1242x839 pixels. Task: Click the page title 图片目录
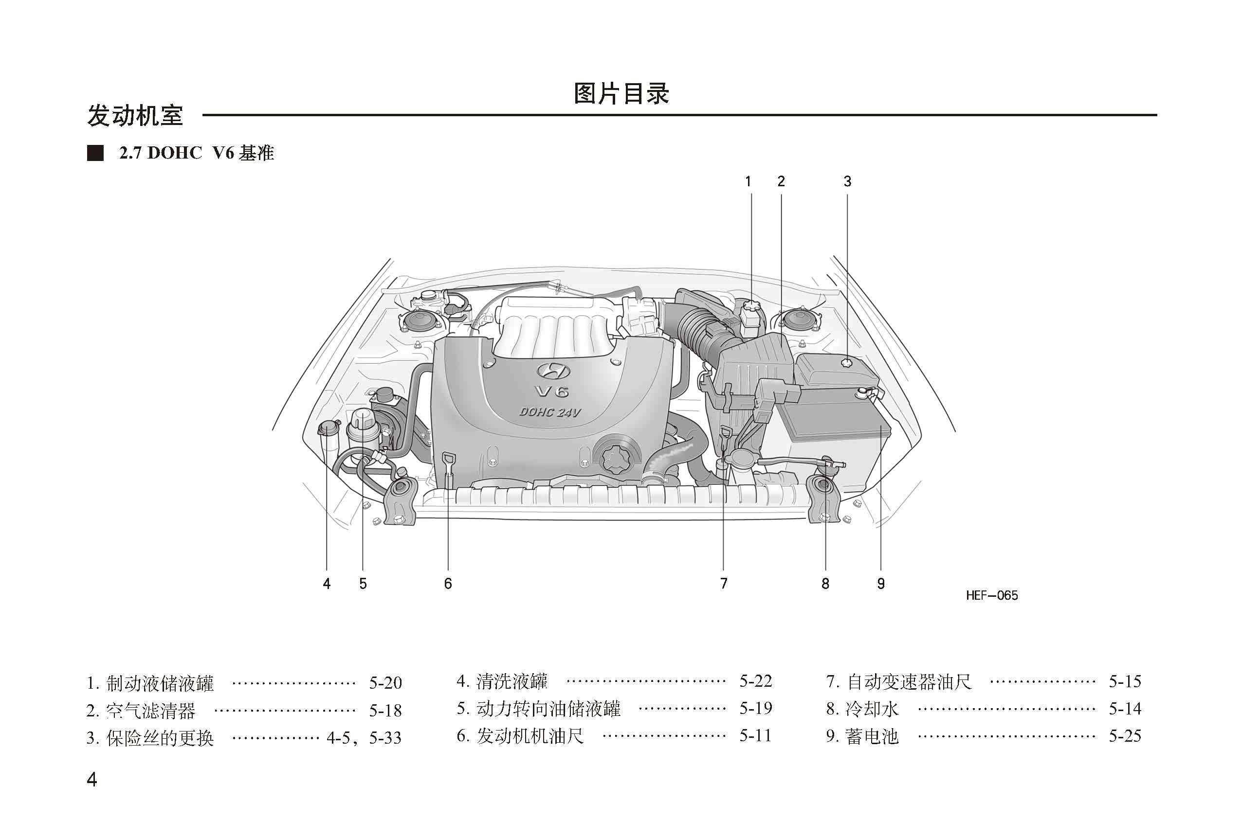621,93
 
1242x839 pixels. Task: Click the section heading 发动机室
135,115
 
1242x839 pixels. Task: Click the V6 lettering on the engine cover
552,392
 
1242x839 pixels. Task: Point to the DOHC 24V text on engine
549,412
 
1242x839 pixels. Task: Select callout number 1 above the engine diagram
748,181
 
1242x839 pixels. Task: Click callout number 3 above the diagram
847,181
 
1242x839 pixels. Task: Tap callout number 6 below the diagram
448,584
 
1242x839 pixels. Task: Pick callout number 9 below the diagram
881,584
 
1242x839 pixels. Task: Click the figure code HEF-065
991,595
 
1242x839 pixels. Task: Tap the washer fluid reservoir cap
328,427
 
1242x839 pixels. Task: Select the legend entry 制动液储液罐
159,683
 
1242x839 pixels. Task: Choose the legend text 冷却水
872,709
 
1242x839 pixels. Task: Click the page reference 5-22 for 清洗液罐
755,681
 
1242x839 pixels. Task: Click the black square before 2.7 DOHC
95,153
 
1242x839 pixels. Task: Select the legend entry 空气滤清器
150,710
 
